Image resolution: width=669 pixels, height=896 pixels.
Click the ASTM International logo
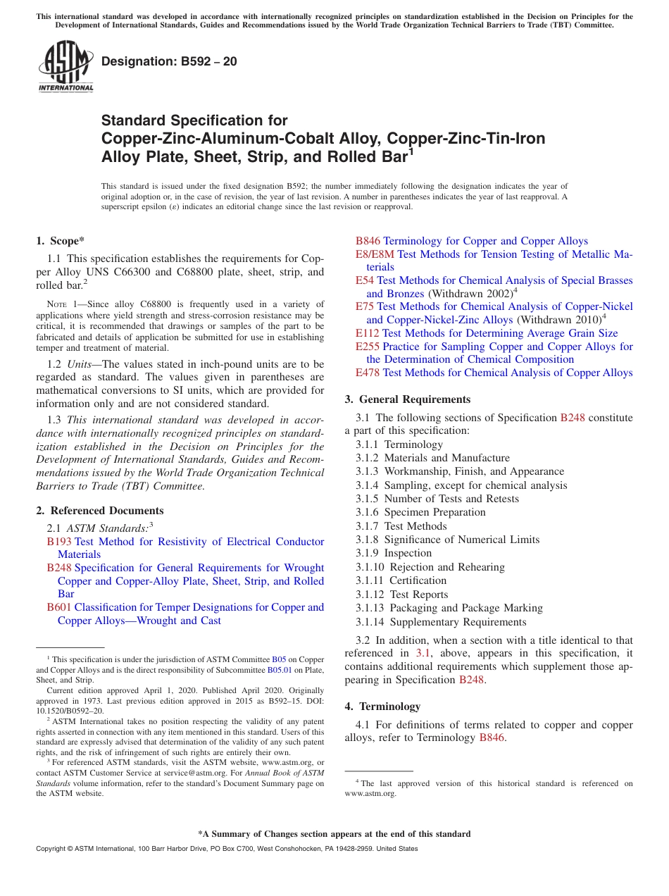(x=65, y=67)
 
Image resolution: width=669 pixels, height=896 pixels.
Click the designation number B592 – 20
(x=169, y=62)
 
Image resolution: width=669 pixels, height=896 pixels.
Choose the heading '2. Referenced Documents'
(x=100, y=511)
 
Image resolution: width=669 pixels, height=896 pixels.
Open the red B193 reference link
(x=59, y=542)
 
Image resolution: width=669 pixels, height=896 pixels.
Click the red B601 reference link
(x=59, y=607)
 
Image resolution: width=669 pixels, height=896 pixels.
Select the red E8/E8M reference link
(x=375, y=254)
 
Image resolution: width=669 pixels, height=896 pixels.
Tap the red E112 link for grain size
(x=367, y=333)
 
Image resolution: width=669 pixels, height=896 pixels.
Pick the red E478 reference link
(x=367, y=373)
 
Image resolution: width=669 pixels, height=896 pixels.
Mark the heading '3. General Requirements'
(x=408, y=399)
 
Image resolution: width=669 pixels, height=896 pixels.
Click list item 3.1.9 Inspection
(x=394, y=553)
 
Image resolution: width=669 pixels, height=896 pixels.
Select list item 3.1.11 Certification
(x=401, y=580)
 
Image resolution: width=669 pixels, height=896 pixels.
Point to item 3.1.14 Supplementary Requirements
(x=441, y=622)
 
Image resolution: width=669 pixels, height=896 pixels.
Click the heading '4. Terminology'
(x=383, y=707)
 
